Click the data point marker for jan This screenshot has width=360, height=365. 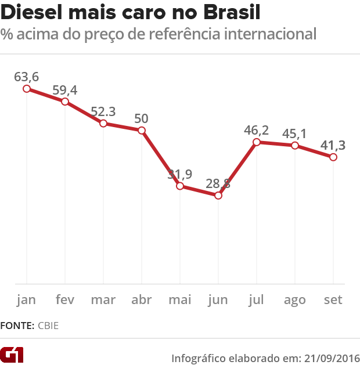pyautogui.click(x=27, y=89)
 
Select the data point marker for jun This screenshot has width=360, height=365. pyautogui.click(x=218, y=196)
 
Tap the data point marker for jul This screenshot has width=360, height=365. pyautogui.click(x=257, y=142)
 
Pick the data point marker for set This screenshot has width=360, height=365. pyautogui.click(x=333, y=157)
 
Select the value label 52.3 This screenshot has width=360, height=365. pyautogui.click(x=103, y=111)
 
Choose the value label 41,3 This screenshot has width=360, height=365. pyautogui.click(x=333, y=144)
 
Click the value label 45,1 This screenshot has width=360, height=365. pyautogui.click(x=295, y=133)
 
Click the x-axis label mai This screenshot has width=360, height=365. pyautogui.click(x=180, y=300)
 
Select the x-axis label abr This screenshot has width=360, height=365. pyautogui.click(x=142, y=300)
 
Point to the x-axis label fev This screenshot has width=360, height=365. pyautogui.click(x=65, y=300)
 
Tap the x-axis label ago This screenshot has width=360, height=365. pyautogui.click(x=295, y=301)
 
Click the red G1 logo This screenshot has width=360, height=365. pyautogui.click(x=12, y=355)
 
